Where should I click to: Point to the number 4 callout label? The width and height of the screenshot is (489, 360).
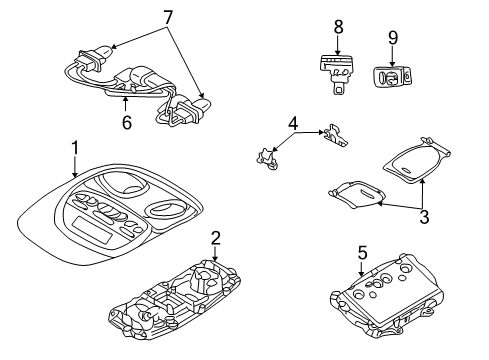point(292,125)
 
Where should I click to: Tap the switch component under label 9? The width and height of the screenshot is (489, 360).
point(395,75)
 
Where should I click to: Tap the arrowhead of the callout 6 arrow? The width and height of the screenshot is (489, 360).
point(125,100)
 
